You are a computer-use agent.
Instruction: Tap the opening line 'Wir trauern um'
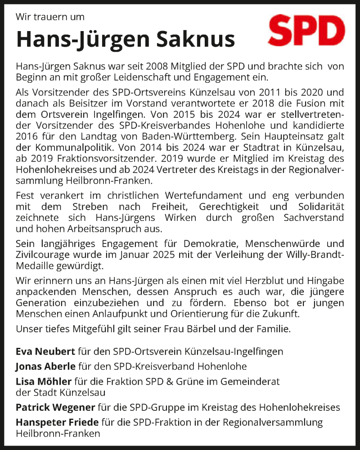click(x=50, y=18)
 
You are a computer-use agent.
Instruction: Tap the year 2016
click(x=27, y=135)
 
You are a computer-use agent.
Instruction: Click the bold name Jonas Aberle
click(x=46, y=366)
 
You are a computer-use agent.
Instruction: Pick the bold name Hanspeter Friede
click(x=57, y=423)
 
